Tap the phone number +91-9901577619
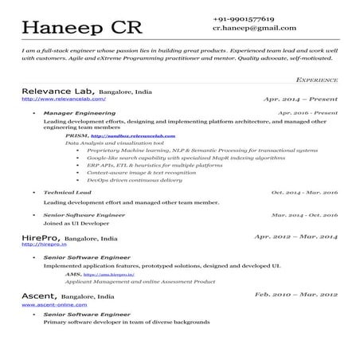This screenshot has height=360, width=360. point(244,18)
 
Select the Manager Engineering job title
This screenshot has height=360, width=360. point(80,114)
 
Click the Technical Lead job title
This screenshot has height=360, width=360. point(68,193)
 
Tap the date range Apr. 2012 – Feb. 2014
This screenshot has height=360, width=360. point(295,237)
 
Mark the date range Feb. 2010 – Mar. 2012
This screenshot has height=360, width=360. point(295,295)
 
